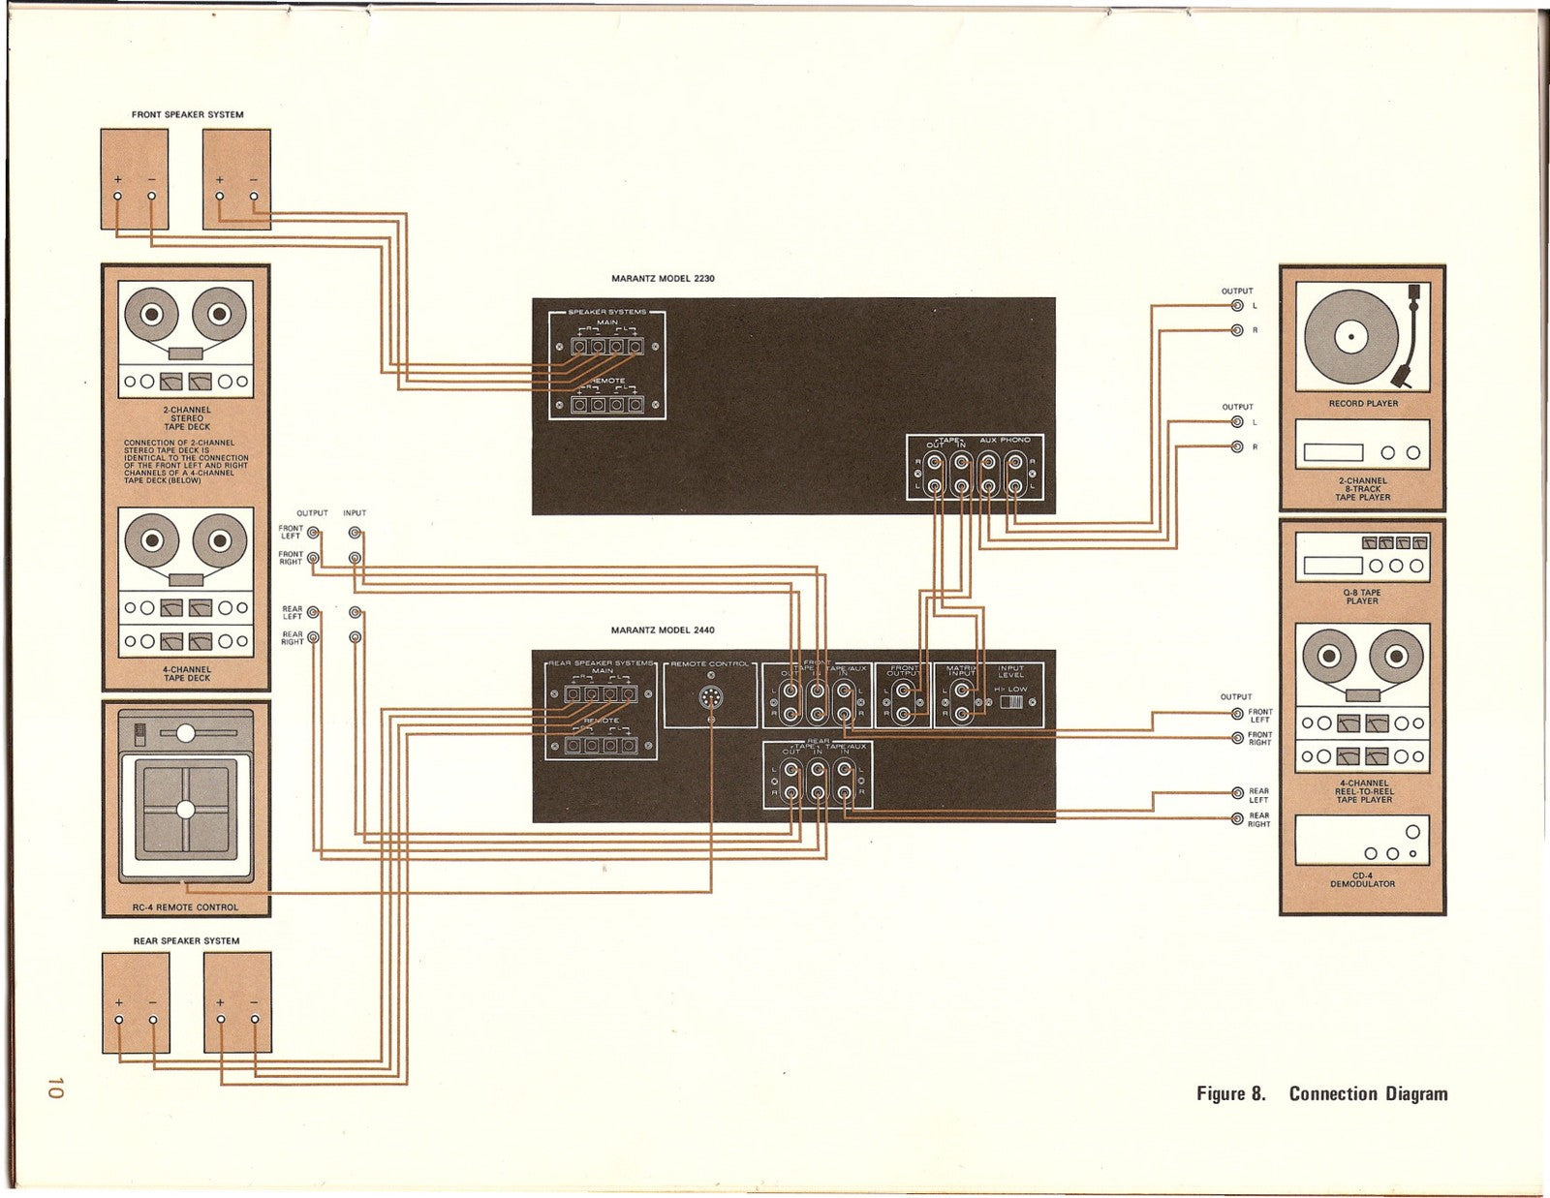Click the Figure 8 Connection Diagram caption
(x=1321, y=1093)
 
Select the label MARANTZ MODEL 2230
(x=663, y=279)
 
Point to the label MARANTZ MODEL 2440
(x=663, y=630)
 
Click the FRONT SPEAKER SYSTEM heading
(x=187, y=115)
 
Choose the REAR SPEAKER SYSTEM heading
(x=186, y=940)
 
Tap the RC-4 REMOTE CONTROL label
(x=186, y=907)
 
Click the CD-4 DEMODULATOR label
(x=1362, y=879)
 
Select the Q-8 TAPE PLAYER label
(x=1362, y=597)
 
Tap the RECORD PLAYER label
(x=1363, y=403)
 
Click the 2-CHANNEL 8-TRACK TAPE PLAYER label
(x=1363, y=489)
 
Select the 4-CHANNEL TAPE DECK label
(x=187, y=673)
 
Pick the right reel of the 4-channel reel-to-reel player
(x=1396, y=658)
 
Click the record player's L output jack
(x=1237, y=306)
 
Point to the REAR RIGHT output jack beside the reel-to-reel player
(x=1237, y=819)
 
